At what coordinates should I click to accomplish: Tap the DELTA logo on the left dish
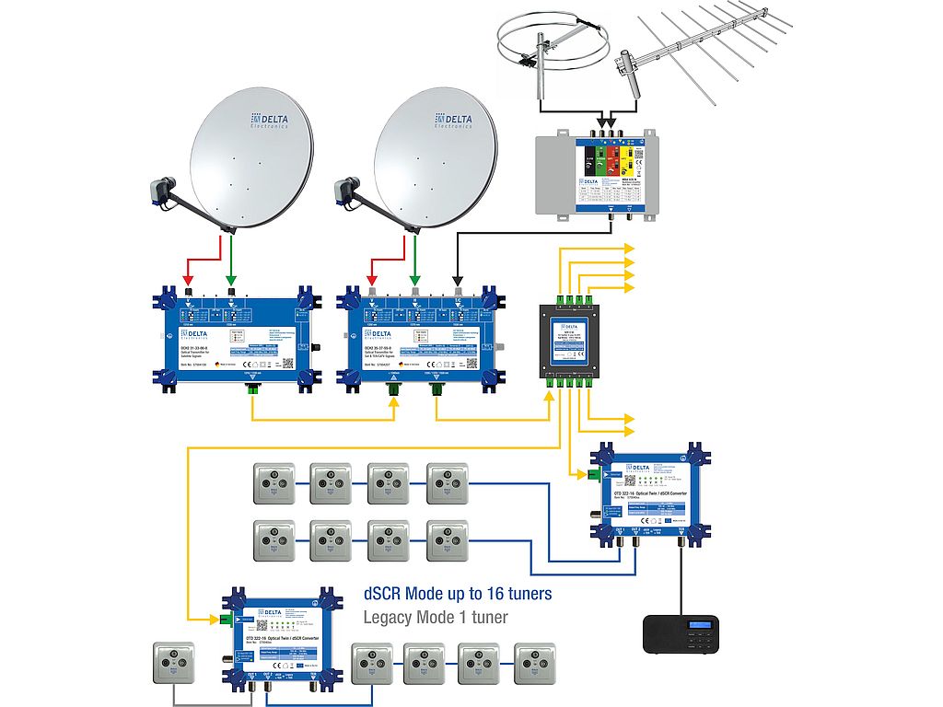click(x=270, y=121)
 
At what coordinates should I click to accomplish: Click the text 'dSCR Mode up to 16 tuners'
click(x=458, y=593)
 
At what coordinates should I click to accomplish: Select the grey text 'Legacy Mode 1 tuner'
click(x=436, y=617)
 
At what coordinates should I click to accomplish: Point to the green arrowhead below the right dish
click(x=415, y=279)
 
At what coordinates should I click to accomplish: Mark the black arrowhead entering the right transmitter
click(x=457, y=279)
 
